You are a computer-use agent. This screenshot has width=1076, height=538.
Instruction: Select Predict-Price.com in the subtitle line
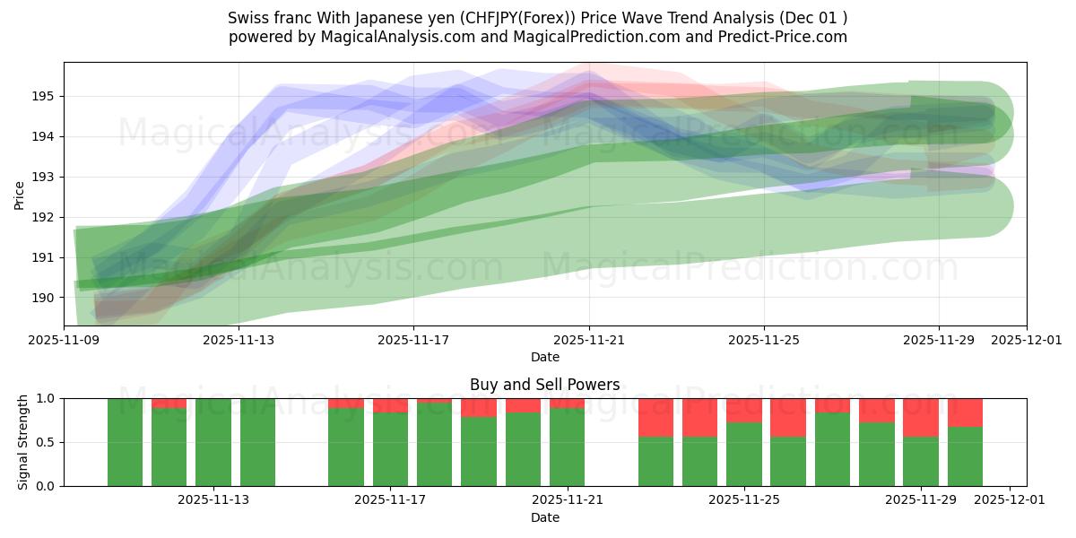[x=781, y=37]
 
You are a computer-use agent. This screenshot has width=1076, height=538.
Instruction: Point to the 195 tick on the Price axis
[x=43, y=96]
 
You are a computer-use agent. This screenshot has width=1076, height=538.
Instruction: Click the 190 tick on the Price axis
[x=43, y=298]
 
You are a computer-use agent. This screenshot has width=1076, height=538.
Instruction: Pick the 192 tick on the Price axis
[x=43, y=217]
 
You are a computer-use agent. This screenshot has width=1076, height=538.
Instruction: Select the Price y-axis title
[x=20, y=194]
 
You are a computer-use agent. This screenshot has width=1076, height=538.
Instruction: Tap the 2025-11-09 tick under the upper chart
[x=64, y=340]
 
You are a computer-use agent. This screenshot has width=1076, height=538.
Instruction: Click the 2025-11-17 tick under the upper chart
[x=413, y=340]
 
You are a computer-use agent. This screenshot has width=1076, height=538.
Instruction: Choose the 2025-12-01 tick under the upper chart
[x=1026, y=340]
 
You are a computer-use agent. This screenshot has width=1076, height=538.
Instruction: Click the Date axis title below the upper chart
[x=544, y=357]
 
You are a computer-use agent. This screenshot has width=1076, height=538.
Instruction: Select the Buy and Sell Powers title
[x=544, y=385]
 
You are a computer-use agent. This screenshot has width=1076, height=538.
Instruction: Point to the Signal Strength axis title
[x=24, y=442]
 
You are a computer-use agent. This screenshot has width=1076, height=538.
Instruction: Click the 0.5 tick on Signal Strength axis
[x=45, y=442]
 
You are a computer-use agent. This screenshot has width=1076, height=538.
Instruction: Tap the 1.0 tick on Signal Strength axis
[x=45, y=398]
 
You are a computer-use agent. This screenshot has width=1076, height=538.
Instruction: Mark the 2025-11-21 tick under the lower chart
[x=568, y=500]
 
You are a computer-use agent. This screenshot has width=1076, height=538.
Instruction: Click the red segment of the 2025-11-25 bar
[x=743, y=410]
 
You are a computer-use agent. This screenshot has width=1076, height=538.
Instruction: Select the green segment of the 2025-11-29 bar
[x=921, y=461]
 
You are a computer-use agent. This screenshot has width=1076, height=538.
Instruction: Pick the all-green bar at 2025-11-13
[x=213, y=442]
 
